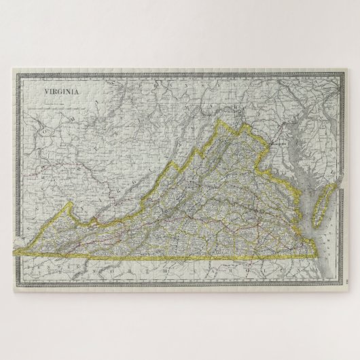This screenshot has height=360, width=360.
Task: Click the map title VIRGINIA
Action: pyautogui.click(x=60, y=90)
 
